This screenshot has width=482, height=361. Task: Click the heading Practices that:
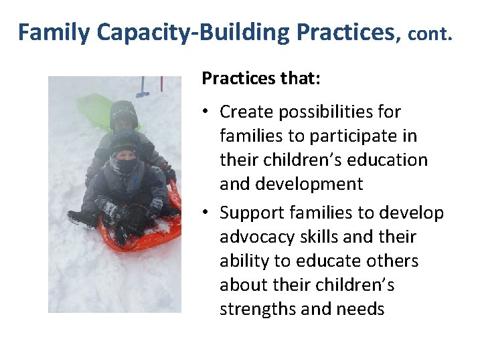coord(261,79)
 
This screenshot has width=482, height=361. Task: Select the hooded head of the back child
coord(123,114)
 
